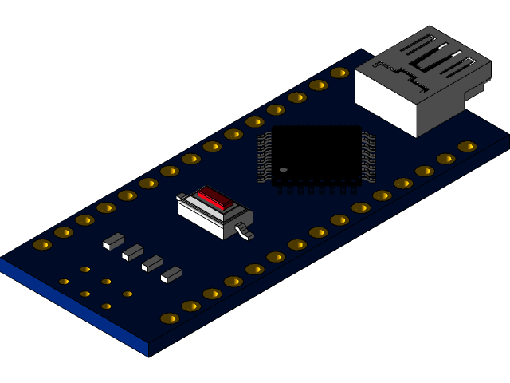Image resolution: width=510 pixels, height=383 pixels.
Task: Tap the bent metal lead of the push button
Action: tap(243, 232)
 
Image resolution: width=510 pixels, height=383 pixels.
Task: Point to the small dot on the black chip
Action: tap(284, 169)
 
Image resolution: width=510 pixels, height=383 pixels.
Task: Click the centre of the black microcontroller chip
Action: tap(316, 155)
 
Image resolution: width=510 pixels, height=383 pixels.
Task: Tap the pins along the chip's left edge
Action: tap(265, 156)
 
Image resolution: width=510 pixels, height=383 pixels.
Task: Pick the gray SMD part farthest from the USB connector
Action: tap(114, 240)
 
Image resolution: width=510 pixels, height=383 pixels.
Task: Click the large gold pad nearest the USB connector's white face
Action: tap(339, 73)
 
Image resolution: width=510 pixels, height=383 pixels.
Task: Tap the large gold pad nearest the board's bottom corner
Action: tap(170, 318)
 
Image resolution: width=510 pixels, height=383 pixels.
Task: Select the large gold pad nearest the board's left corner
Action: tap(42, 244)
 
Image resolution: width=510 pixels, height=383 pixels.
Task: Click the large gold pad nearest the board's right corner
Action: tap(467, 147)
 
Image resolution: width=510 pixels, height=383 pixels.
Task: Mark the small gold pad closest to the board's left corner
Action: tap(64, 282)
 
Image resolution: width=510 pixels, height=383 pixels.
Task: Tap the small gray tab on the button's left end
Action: tap(182, 195)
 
